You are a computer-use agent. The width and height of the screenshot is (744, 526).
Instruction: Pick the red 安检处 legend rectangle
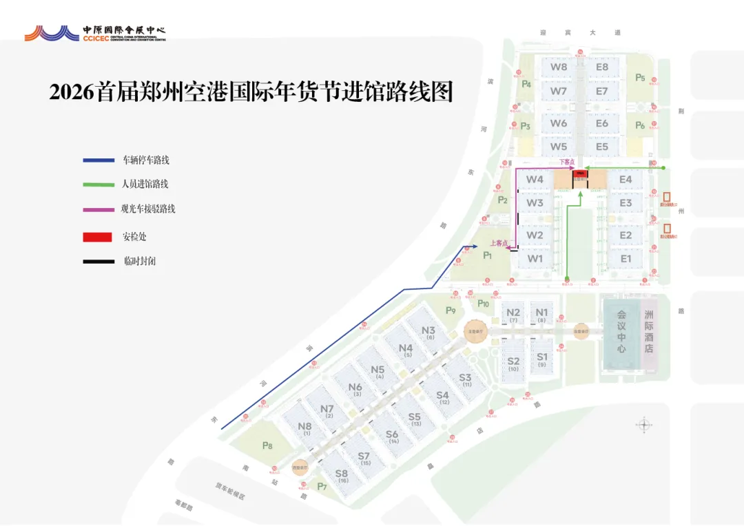click(97, 237)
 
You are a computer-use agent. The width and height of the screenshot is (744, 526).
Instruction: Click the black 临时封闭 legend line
click(98, 262)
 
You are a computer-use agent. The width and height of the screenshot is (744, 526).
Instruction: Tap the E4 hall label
click(626, 180)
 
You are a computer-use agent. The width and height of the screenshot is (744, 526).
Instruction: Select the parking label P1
click(488, 255)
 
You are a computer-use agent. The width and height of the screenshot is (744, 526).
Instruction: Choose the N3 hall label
click(428, 330)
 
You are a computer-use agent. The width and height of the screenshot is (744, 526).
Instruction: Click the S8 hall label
click(342, 474)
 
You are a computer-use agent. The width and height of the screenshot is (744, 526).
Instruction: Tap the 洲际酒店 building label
click(648, 331)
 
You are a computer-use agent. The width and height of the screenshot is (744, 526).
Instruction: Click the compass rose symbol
click(644, 424)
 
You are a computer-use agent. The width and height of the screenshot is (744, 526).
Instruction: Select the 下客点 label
click(566, 162)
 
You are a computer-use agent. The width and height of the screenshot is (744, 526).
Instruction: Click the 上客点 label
click(498, 242)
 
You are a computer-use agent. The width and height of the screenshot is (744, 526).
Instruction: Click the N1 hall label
click(541, 312)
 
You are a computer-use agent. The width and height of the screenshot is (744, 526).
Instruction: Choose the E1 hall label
click(626, 259)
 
